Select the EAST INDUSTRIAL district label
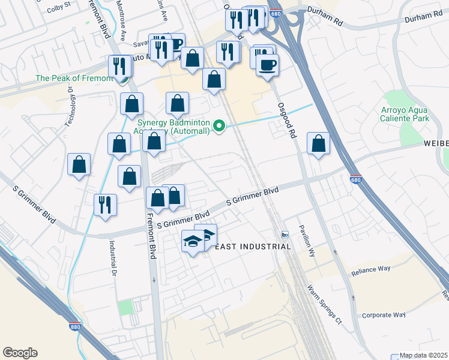[253, 247]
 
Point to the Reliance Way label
[372, 272]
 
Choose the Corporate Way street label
[384, 315]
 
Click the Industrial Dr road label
[112, 254]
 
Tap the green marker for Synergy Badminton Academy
[220, 125]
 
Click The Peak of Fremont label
[74, 78]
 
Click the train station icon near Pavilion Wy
[286, 234]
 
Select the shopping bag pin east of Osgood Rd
[319, 143]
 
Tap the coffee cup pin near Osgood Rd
[268, 65]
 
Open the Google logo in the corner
[20, 353]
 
